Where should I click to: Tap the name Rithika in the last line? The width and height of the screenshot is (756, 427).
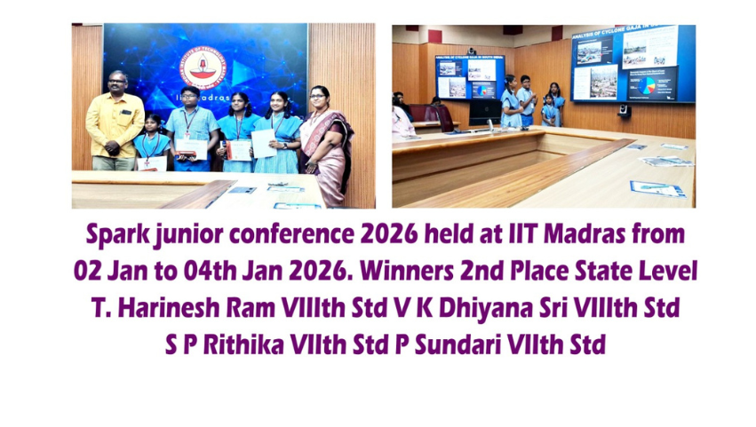[x=243, y=344]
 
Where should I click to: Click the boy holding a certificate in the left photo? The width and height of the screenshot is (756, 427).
[x=191, y=129]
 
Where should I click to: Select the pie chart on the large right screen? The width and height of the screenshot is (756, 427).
[x=646, y=85]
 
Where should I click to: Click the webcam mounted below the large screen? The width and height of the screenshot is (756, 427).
[x=625, y=111]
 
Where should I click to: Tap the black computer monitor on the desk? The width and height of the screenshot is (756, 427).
[x=485, y=112]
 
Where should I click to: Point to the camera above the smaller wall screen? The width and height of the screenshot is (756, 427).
[x=471, y=51]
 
